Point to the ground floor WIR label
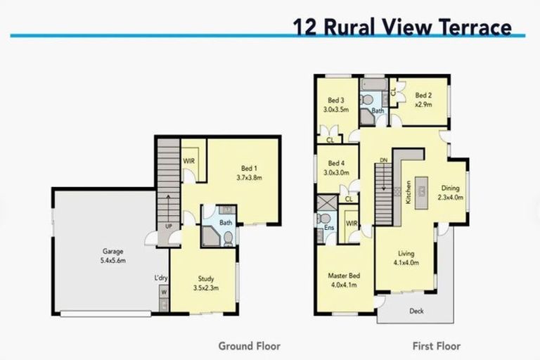coord(189,161)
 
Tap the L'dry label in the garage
coord(160,277)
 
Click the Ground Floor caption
coord(249,346)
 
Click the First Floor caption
coord(437,346)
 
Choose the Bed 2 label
coord(423,99)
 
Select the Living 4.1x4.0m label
coord(405,258)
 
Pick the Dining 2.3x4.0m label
coord(450,192)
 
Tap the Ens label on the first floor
coord(328,227)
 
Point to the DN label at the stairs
coord(383,161)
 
